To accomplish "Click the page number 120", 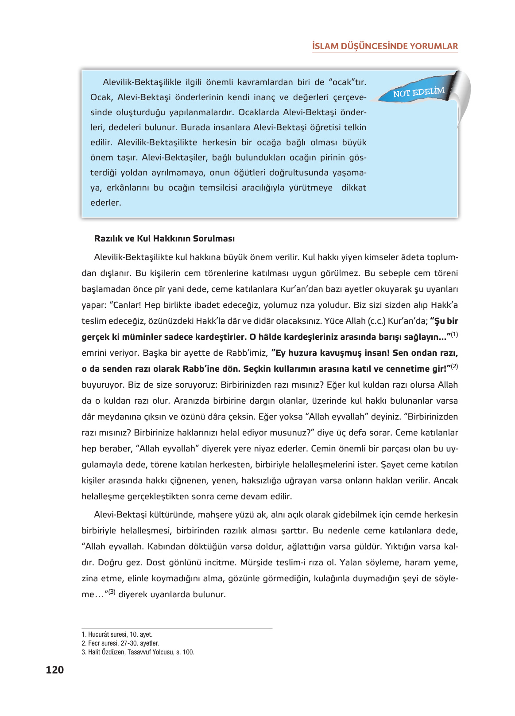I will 54,669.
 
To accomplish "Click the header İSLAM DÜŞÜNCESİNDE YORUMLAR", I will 385,46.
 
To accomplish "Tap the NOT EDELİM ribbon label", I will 418,92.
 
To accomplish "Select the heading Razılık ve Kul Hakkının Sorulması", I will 164,238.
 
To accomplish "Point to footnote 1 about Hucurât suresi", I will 117,634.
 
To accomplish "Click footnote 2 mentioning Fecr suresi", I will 120,643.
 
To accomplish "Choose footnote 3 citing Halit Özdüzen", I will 138,652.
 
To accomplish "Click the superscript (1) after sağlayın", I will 454,335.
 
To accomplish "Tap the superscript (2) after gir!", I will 454,366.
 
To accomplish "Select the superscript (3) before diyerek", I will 112,592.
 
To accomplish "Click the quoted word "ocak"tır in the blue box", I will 347,82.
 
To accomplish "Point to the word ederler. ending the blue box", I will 105,202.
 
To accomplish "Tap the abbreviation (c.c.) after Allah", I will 376,321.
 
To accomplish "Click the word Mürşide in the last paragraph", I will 256,562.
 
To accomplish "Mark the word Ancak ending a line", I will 445,480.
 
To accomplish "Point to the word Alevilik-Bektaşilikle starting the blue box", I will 142,82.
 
